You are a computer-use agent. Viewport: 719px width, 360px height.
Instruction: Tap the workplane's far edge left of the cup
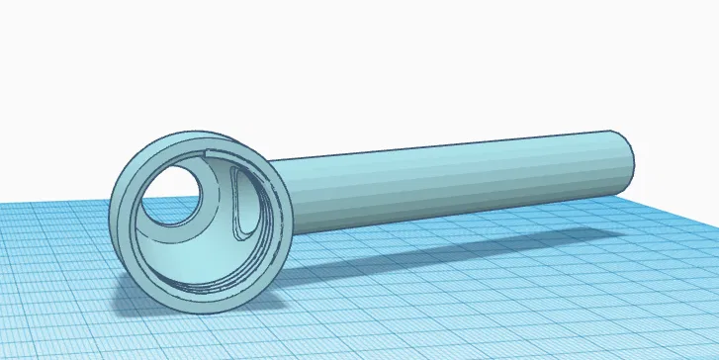pos(49,204)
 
